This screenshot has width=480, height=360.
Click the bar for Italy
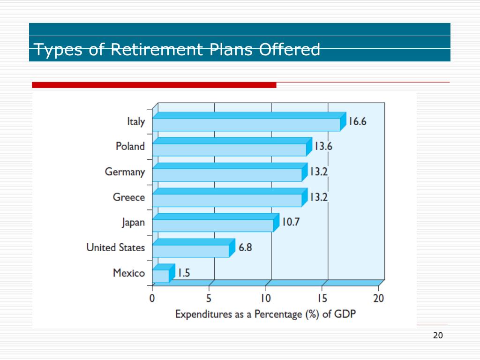pyautogui.click(x=247, y=124)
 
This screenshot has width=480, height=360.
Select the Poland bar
pyautogui.click(x=230, y=150)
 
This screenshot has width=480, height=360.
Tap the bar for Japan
pyautogui.click(x=213, y=225)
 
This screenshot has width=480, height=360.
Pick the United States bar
pyautogui.click(x=191, y=251)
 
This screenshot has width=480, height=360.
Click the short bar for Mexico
pyautogui.click(x=161, y=276)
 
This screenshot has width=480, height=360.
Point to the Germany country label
pyautogui.click(x=125, y=172)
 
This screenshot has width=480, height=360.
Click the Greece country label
pyautogui.click(x=129, y=197)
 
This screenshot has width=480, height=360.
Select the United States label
pyautogui.click(x=116, y=247)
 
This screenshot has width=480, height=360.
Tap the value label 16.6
pyautogui.click(x=357, y=121)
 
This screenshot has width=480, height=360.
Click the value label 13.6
pyautogui.click(x=323, y=146)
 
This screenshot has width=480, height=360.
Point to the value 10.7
pyautogui.click(x=290, y=222)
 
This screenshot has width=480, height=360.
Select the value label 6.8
pyautogui.click(x=245, y=247)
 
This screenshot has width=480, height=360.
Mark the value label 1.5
pyautogui.click(x=183, y=273)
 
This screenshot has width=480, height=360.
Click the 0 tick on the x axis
pyautogui.click(x=152, y=298)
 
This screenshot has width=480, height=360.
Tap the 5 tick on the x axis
pyautogui.click(x=209, y=298)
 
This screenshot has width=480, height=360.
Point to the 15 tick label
pyautogui.click(x=322, y=298)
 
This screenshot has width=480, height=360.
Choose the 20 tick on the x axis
pyautogui.click(x=378, y=298)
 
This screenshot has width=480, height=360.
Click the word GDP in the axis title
pyautogui.click(x=345, y=314)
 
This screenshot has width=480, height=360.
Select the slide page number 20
pyautogui.click(x=438, y=335)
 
